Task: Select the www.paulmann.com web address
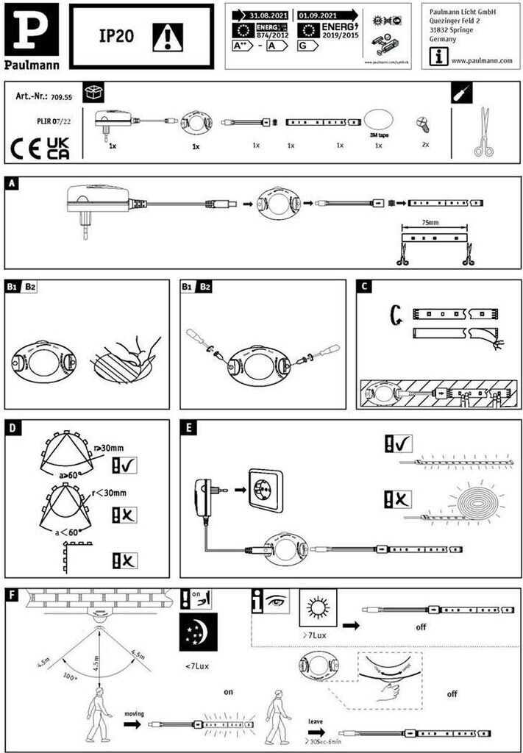481,61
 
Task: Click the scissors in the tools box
483,132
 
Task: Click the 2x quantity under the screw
425,146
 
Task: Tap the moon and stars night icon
198,632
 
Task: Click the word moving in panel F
135,713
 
